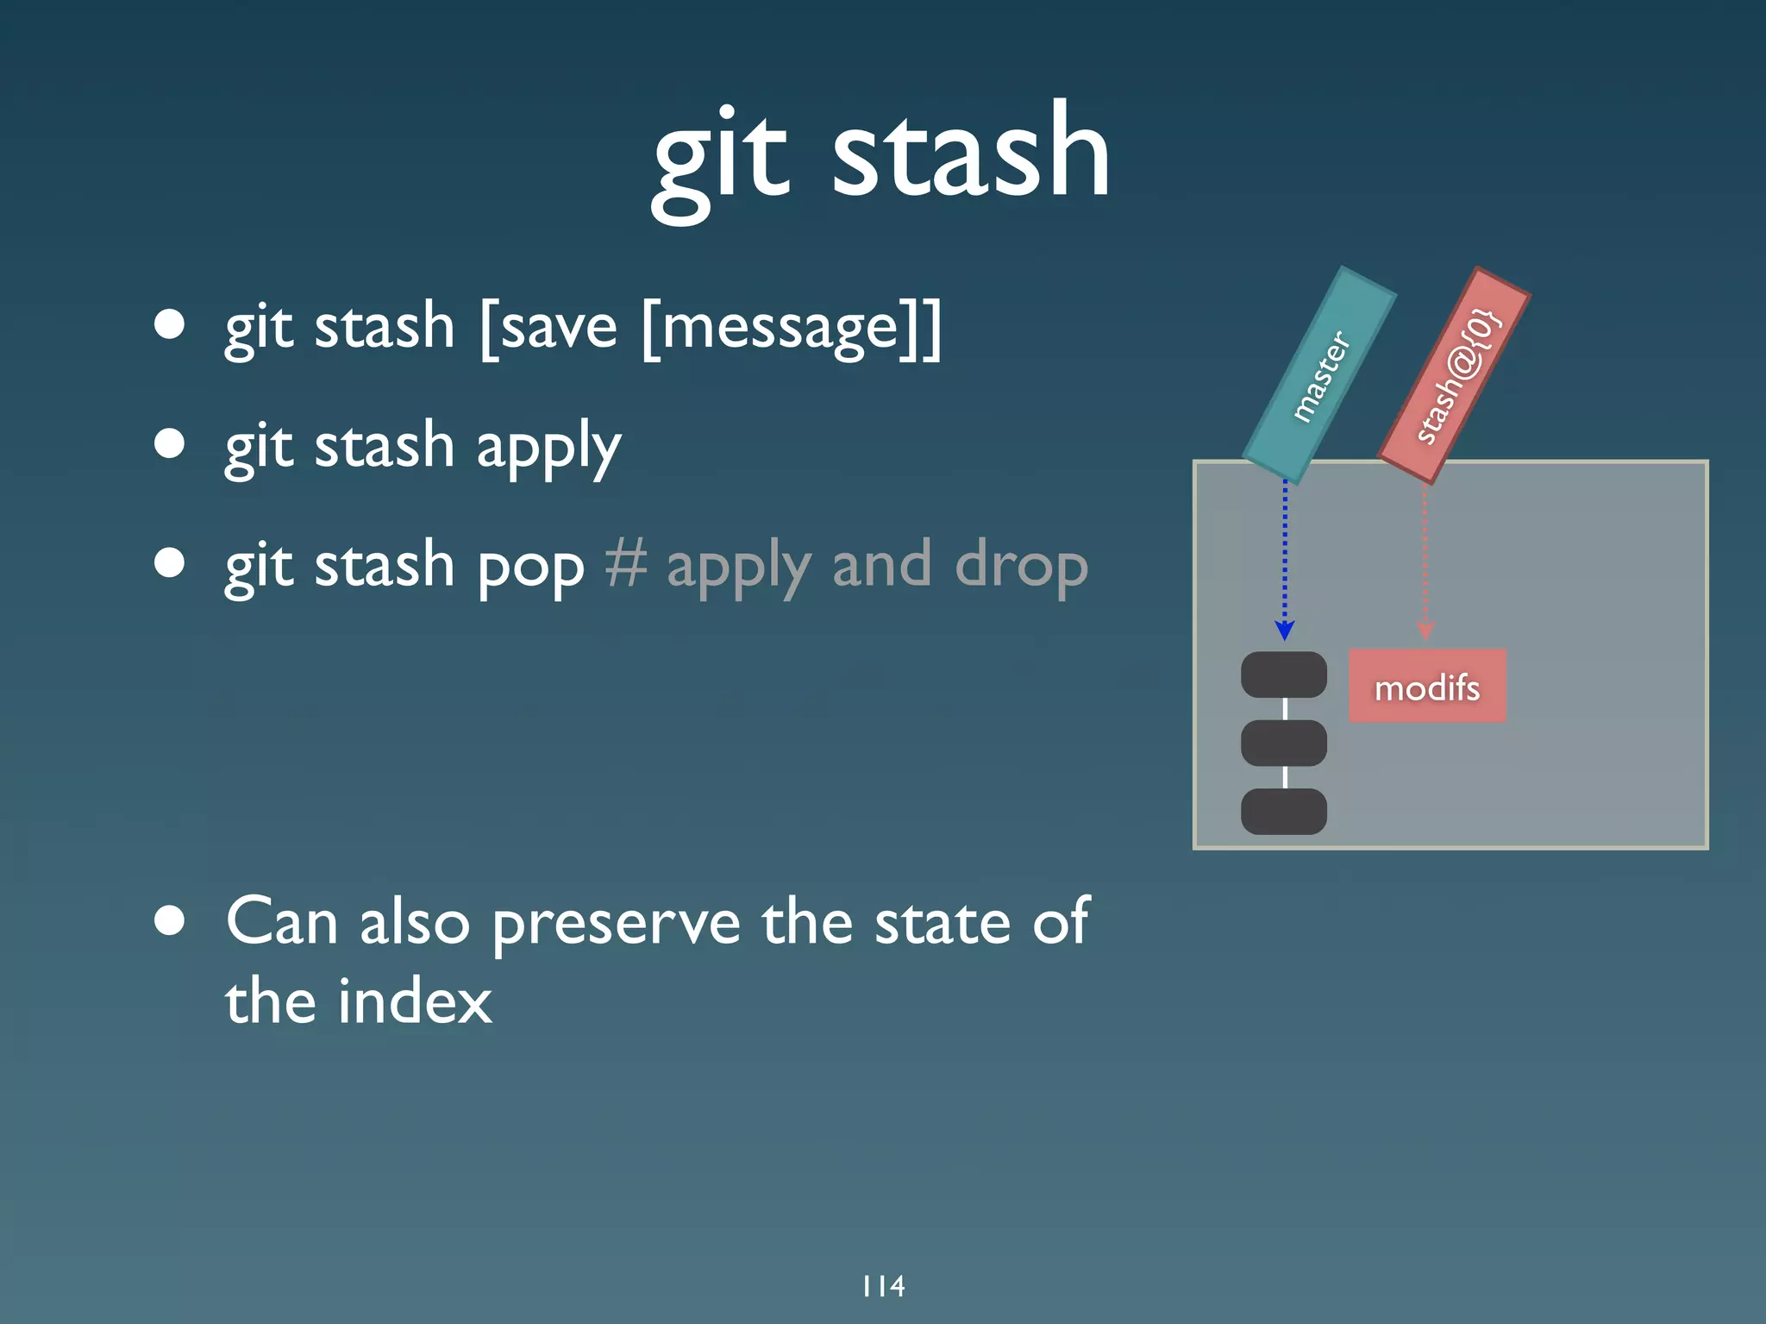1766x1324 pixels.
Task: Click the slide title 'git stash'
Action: [881, 155]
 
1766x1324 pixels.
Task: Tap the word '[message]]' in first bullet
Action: [792, 329]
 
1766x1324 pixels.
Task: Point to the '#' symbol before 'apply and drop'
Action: [625, 564]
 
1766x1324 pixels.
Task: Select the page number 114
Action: [883, 1286]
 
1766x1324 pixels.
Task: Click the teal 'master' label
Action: [1319, 375]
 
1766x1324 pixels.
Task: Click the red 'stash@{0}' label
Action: [1456, 375]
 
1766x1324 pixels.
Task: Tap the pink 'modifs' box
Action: [1427, 687]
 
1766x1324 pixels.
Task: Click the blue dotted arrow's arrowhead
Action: [1284, 631]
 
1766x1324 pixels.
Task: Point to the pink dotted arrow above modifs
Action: [1425, 561]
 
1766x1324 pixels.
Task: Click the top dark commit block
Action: [1283, 675]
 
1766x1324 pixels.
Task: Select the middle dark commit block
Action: [1283, 743]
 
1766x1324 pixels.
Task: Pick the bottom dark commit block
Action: [1283, 811]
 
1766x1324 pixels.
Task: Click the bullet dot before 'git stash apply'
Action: [170, 443]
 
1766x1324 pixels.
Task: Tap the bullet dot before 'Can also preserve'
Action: [170, 920]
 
